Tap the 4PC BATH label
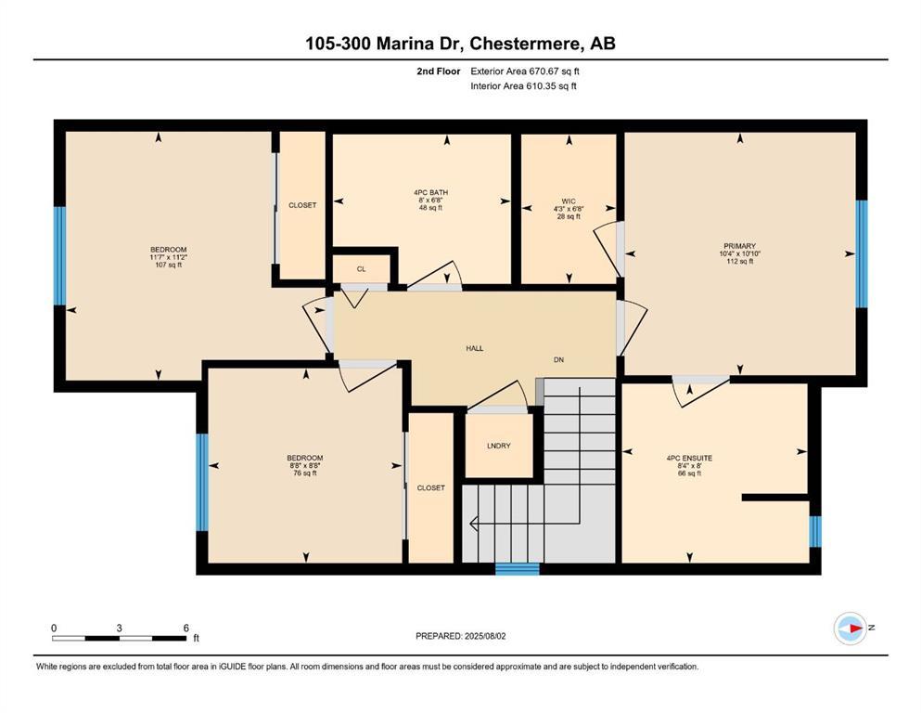[430, 193]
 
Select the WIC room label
[569, 201]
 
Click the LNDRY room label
[498, 446]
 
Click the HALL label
[474, 348]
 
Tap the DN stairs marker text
[558, 359]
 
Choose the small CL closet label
[361, 269]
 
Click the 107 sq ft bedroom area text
[168, 265]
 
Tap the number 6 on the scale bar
[185, 628]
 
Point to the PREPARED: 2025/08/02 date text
[461, 636]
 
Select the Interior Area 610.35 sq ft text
[525, 86]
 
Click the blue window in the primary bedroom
[861, 253]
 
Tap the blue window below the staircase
[517, 568]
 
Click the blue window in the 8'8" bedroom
[201, 482]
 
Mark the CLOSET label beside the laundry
[430, 487]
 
